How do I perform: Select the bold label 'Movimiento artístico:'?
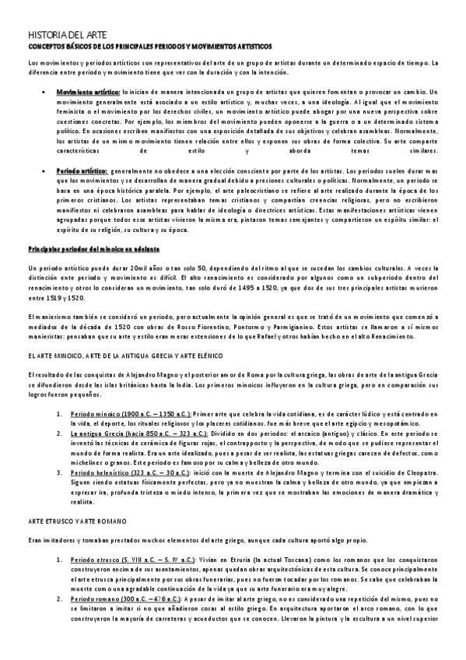pos(87,92)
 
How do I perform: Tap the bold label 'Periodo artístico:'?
pos(82,169)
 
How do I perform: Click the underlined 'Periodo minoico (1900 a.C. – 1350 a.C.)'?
pos(129,415)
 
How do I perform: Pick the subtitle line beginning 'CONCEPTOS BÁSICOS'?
pos(150,47)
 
